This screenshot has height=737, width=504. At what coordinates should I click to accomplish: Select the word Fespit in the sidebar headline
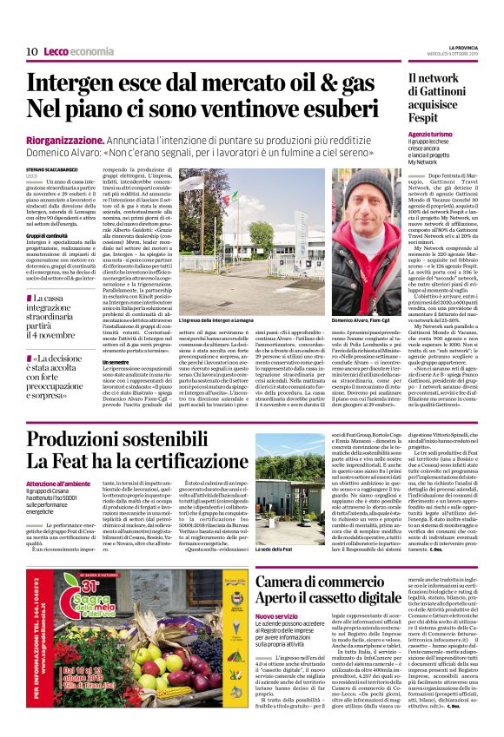[427, 118]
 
